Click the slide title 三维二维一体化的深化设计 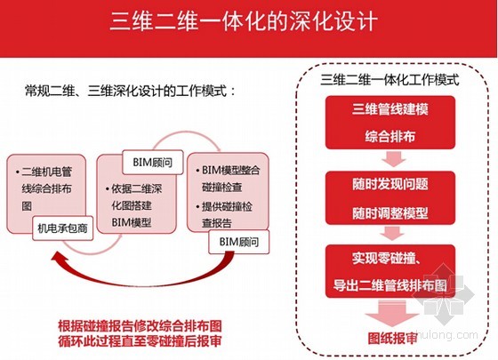tap(244, 21)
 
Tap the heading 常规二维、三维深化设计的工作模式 tap(131, 91)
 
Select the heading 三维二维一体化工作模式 tap(390, 79)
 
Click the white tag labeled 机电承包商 tap(62, 228)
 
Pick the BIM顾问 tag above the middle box tap(153, 163)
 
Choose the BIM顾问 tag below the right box tap(239, 242)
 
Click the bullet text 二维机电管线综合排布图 tap(44, 188)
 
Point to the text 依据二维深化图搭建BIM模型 tap(134, 205)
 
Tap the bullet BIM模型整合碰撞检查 tap(228, 179)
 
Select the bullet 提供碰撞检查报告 tap(225, 214)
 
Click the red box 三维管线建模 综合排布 tap(390, 123)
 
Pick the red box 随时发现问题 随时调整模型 tap(390, 197)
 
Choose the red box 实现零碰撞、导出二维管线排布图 tap(390, 271)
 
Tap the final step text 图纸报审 tap(392, 338)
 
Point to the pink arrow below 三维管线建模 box tap(393, 159)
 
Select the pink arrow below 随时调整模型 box tap(393, 233)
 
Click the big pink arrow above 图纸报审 tap(391, 314)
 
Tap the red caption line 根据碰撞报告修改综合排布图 tap(141, 326)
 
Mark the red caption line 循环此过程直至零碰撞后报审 tap(141, 341)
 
